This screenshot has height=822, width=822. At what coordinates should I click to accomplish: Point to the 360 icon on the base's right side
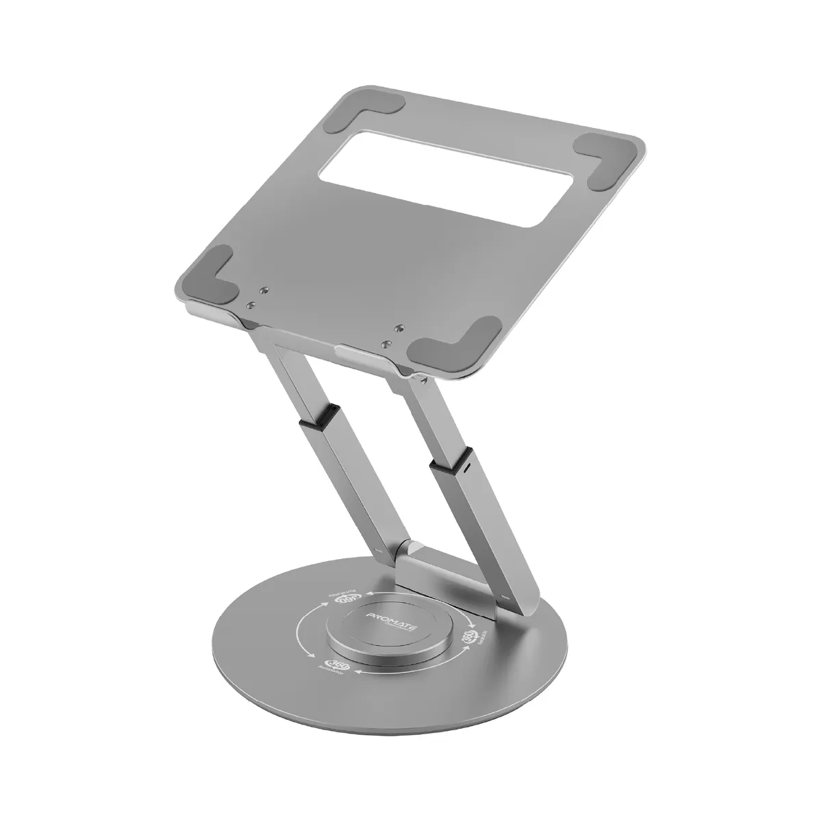479,637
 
